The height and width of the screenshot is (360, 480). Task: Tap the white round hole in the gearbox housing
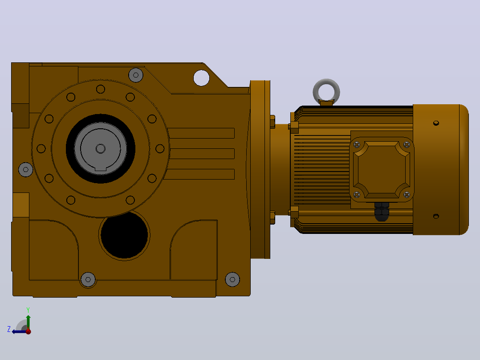click(201, 78)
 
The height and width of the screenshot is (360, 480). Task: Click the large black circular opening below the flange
click(124, 235)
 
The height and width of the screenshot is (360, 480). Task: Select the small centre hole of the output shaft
click(101, 149)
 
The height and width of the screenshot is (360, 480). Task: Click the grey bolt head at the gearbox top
click(136, 75)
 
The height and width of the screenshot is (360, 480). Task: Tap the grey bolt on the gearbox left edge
click(26, 169)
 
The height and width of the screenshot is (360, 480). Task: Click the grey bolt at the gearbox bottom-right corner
click(232, 279)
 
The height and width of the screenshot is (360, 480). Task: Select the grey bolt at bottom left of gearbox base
click(88, 279)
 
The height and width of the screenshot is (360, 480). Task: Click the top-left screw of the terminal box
click(357, 145)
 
